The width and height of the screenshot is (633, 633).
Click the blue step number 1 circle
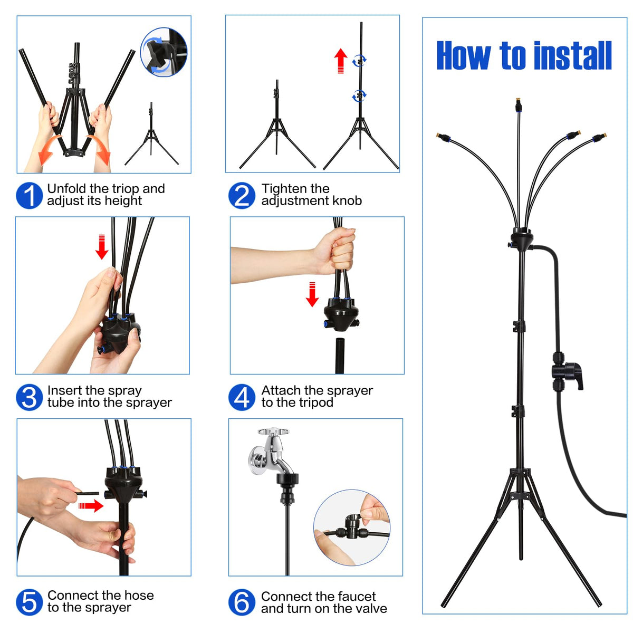coord(29,196)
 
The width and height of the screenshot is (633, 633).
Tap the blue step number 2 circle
coord(242,196)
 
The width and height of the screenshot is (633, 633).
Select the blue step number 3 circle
coord(29,397)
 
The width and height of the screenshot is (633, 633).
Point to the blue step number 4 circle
coord(242,397)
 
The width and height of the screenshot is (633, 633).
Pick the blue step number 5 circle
coord(29,602)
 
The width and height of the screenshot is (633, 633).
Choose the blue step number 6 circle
coord(242,602)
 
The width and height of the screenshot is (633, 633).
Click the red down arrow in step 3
coord(102,247)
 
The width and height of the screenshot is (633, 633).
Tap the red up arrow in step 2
coord(341,61)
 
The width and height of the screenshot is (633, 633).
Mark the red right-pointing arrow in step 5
coord(91,505)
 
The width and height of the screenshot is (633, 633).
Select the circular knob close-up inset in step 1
coord(164,52)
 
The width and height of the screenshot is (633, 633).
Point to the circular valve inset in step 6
coord(352,527)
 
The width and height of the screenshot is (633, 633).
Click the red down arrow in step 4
coord(312,294)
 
